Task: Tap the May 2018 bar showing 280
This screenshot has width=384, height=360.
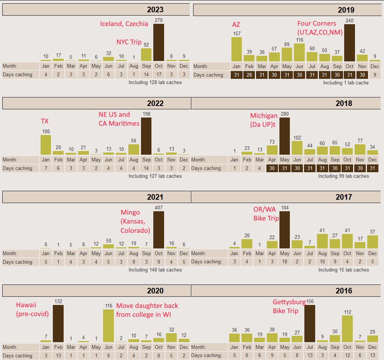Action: (x=285, y=136)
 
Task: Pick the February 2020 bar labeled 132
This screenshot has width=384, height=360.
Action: (x=58, y=323)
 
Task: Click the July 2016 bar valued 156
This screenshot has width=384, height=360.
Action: (x=310, y=323)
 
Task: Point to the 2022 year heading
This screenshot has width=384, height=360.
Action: (x=155, y=103)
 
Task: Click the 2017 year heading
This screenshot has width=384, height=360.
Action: (x=343, y=197)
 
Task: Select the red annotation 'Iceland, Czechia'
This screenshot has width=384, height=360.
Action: (x=124, y=24)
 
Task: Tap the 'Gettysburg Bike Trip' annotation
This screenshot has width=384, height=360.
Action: (x=289, y=306)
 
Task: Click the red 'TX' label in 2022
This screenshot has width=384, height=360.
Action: (x=45, y=121)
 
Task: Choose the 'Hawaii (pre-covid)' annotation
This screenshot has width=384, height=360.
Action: (x=32, y=309)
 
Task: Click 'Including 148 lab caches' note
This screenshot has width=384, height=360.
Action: (x=155, y=270)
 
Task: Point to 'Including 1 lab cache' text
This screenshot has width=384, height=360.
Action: (x=346, y=83)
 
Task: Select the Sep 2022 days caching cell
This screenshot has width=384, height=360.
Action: (x=146, y=168)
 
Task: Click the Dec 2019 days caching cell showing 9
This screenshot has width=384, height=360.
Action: (x=375, y=75)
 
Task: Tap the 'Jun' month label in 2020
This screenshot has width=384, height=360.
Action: (x=108, y=347)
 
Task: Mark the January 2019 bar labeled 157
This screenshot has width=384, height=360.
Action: (x=237, y=49)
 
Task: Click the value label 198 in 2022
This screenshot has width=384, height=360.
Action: (x=146, y=114)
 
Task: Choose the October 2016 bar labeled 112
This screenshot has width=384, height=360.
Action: (x=347, y=328)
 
